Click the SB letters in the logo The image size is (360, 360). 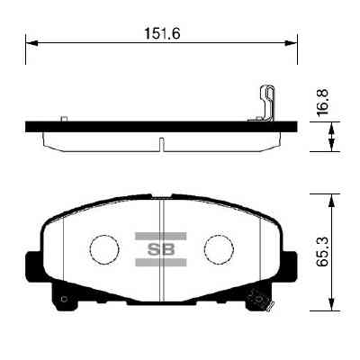click(x=160, y=249)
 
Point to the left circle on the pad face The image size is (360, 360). click(x=104, y=248)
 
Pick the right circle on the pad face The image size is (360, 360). click(x=217, y=248)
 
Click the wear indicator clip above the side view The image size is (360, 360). click(x=266, y=103)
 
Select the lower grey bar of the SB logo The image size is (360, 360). click(x=160, y=264)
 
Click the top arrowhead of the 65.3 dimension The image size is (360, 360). click(x=335, y=195)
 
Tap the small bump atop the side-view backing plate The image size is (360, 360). click(x=62, y=118)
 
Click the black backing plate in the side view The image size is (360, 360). click(x=135, y=126)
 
